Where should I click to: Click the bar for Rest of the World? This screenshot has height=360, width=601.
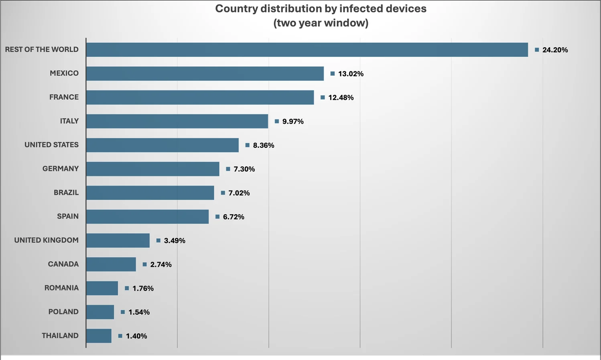click(x=307, y=50)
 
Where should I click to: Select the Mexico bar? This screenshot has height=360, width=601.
click(x=205, y=73)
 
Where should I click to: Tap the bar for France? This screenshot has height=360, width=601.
click(x=200, y=97)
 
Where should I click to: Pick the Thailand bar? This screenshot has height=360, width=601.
click(x=99, y=336)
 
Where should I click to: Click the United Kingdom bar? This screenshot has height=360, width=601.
click(x=118, y=240)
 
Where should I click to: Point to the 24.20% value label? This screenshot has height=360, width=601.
click(x=555, y=50)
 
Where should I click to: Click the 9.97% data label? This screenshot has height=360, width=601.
click(x=293, y=121)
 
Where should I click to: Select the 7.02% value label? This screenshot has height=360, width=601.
click(x=239, y=193)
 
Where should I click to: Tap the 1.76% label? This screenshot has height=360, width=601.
click(x=143, y=288)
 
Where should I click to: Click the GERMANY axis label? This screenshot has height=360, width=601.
click(x=61, y=169)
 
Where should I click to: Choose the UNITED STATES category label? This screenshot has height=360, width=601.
click(x=51, y=145)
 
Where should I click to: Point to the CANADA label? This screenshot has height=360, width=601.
click(x=63, y=264)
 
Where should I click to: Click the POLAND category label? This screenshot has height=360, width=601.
click(x=63, y=312)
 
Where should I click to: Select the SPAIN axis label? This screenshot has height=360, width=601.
click(x=68, y=216)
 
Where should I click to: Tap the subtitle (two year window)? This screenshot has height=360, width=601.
click(x=321, y=23)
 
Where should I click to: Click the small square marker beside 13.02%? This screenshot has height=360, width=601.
click(x=333, y=73)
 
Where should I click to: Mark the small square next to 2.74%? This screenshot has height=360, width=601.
click(x=144, y=264)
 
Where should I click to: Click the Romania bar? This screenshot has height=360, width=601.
click(x=102, y=288)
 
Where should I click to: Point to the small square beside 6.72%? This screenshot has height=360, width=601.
click(x=217, y=217)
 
